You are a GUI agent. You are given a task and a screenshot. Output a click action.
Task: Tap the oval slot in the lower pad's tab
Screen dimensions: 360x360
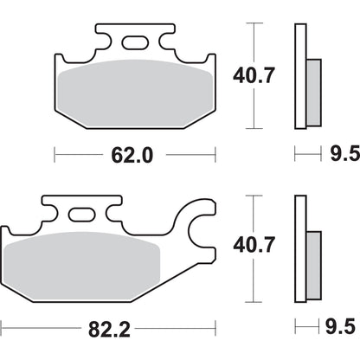tap(81, 214)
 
